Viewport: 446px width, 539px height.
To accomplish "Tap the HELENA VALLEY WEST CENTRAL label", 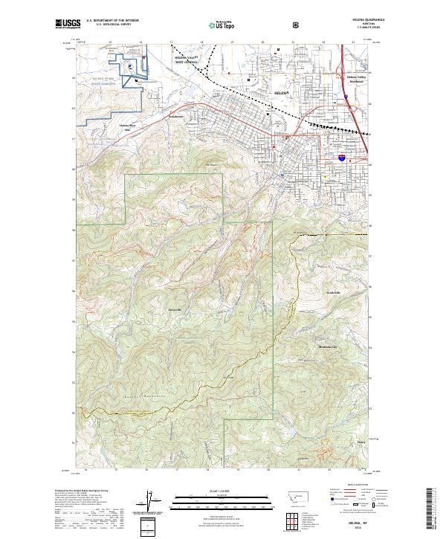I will point(187,59).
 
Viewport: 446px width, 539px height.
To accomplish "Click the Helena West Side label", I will point(129,128).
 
